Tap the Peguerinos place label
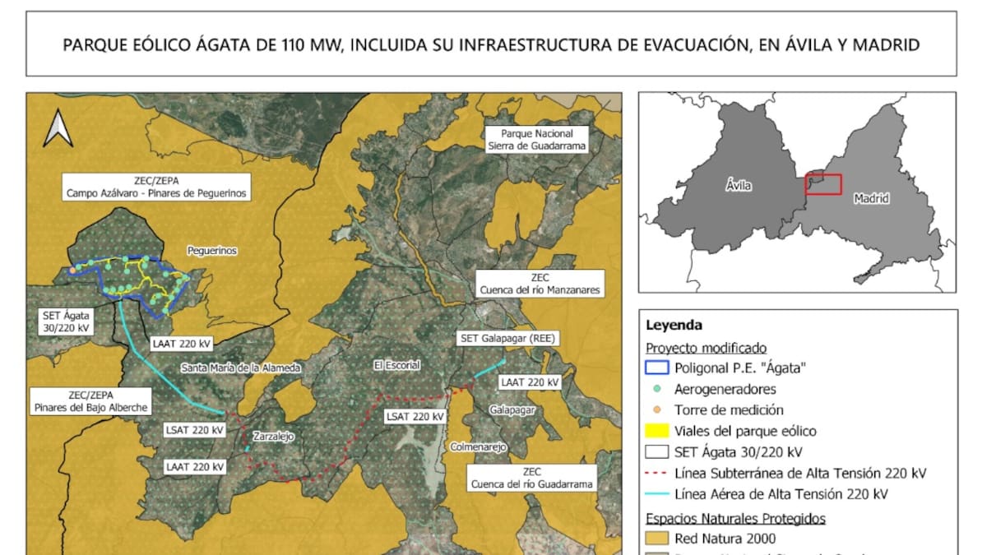click(x=212, y=251)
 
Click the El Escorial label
click(x=396, y=364)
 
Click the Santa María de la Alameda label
click(x=240, y=368)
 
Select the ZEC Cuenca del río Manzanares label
click(x=540, y=284)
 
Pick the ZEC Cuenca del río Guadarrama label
click(x=531, y=478)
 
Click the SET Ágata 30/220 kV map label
click(x=64, y=321)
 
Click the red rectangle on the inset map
click(x=823, y=184)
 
